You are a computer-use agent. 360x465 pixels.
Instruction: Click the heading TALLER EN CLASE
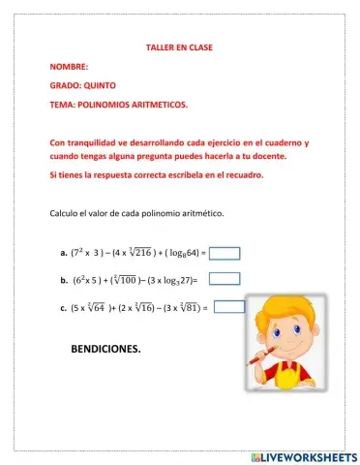coord(179,46)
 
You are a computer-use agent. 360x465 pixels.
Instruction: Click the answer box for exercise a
coord(225,254)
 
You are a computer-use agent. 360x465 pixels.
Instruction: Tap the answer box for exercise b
coord(225,280)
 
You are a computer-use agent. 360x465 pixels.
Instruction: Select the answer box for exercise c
coord(228,307)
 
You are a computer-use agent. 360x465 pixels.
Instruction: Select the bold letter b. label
coord(63,282)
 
